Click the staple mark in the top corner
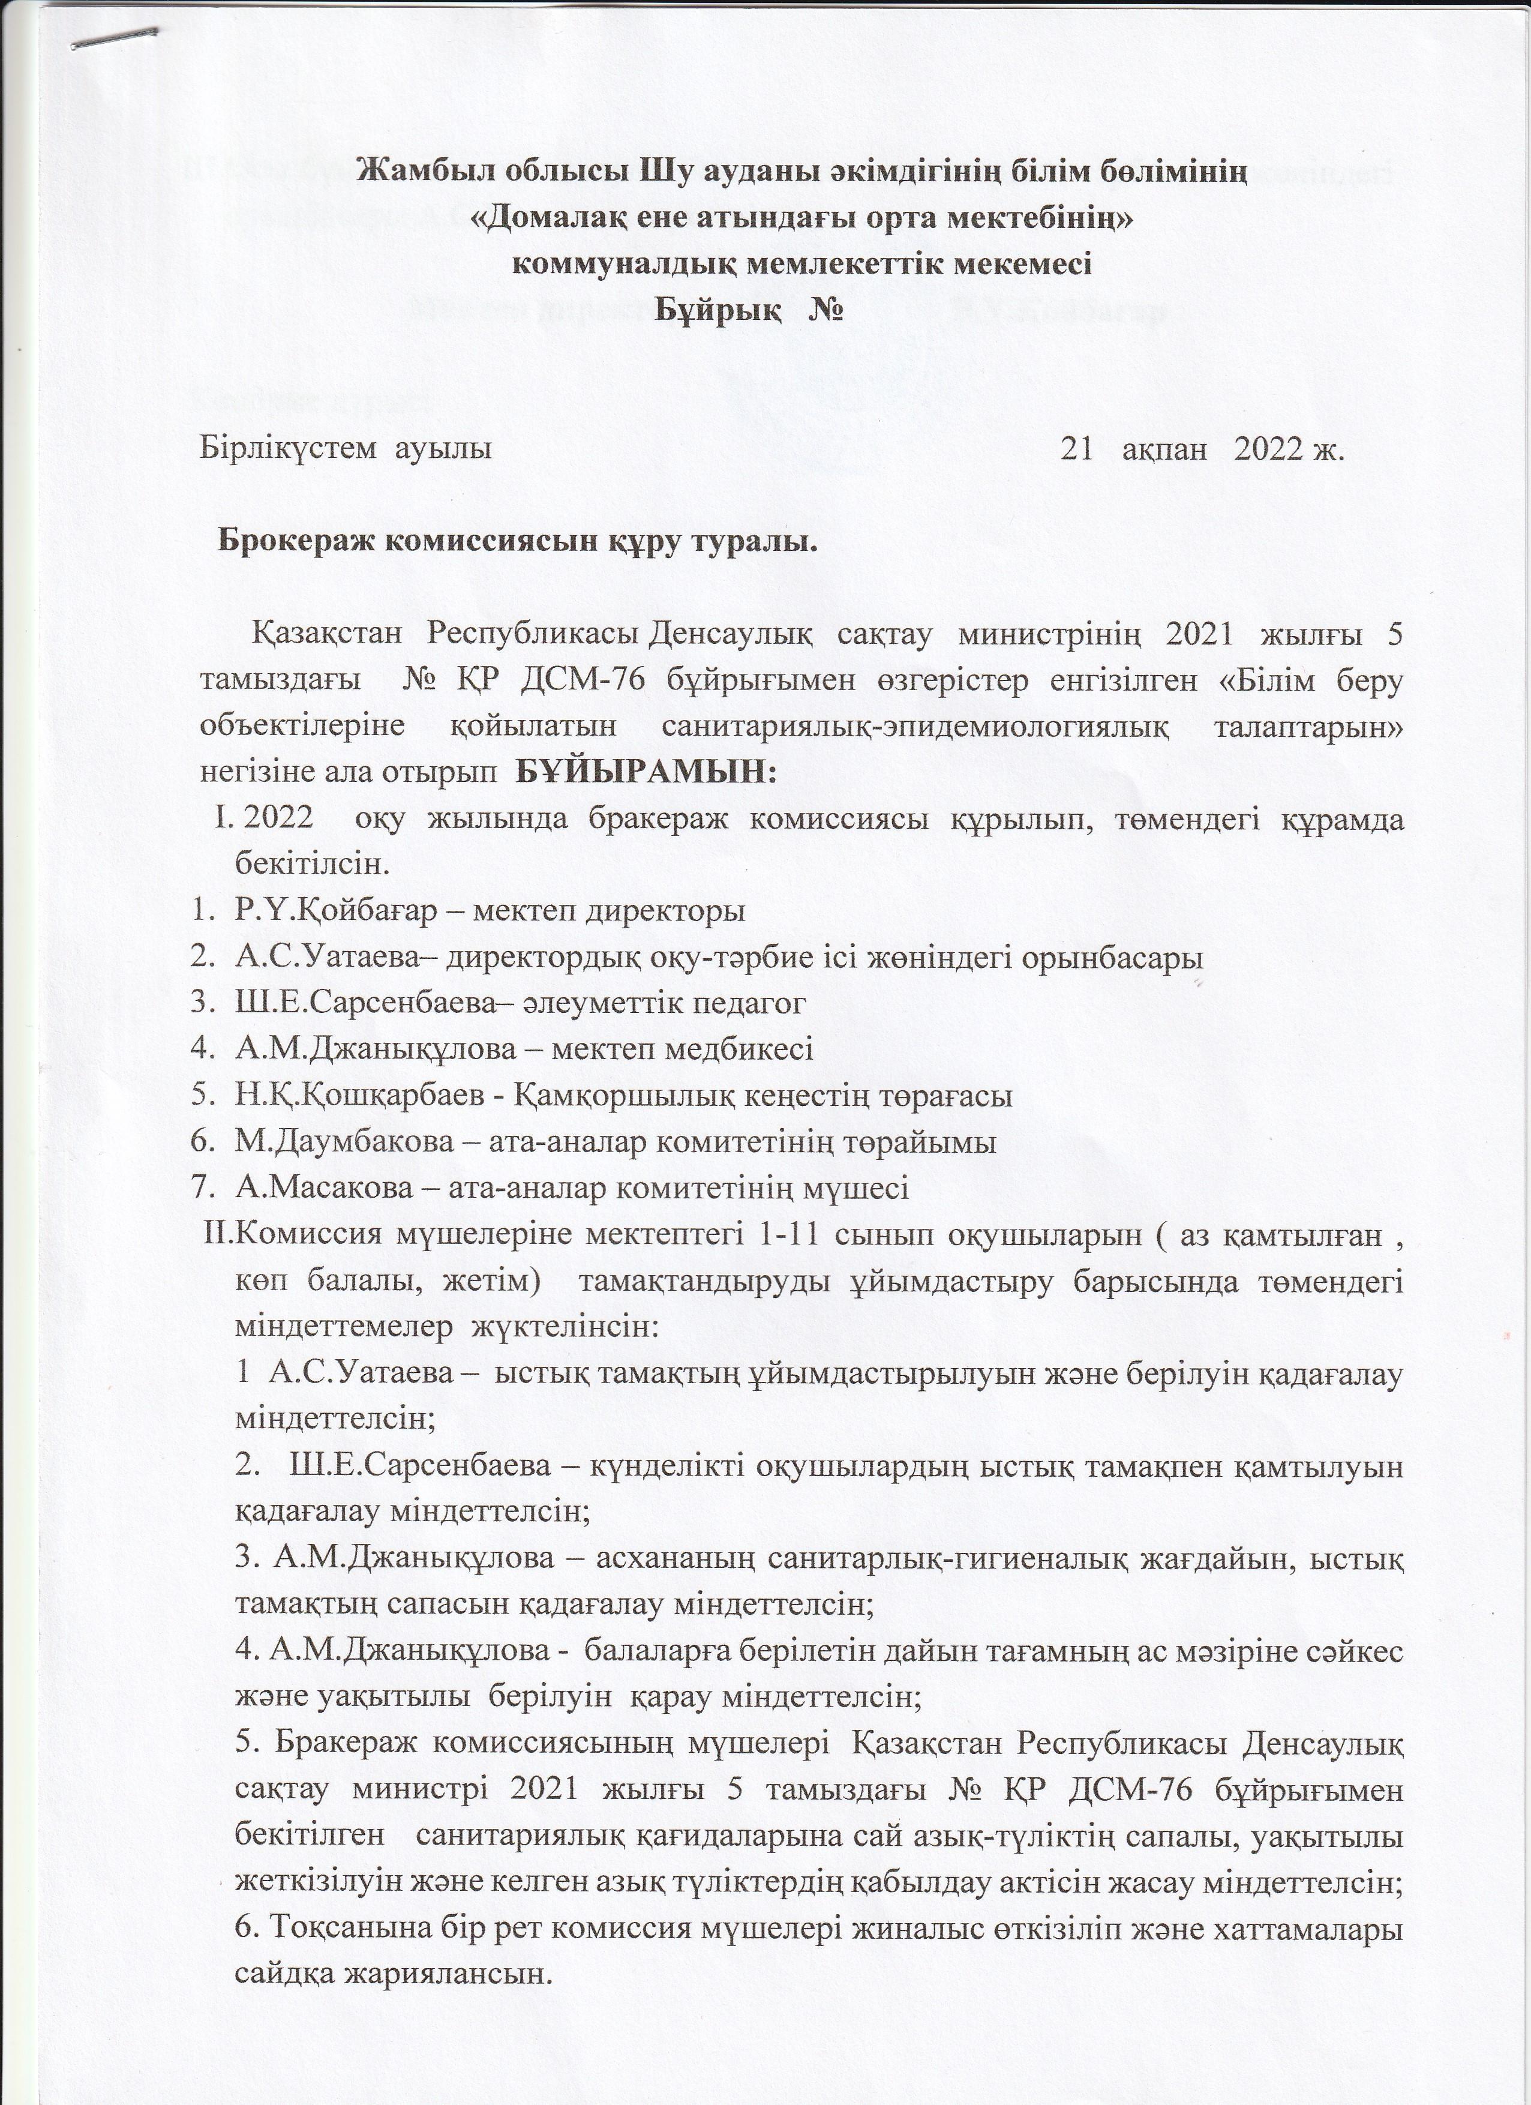point(116,37)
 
